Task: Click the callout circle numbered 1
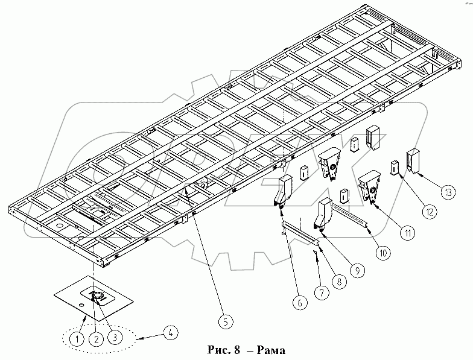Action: click(76, 339)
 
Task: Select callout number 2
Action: click(95, 339)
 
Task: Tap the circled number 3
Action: click(114, 339)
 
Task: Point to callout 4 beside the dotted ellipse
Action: click(171, 331)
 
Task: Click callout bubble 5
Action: click(224, 321)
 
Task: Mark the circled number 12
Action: click(428, 212)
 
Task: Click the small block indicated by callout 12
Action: click(395, 166)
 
